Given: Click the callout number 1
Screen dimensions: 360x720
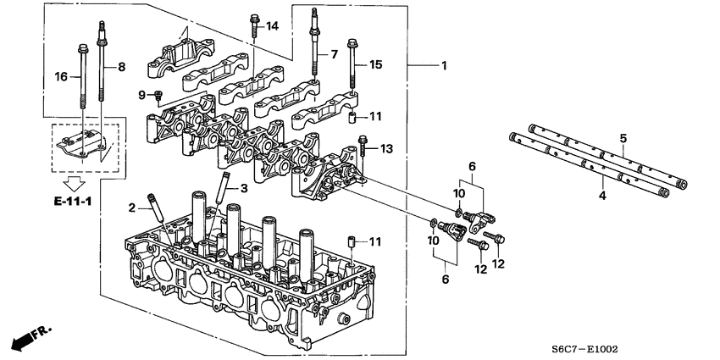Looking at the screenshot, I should (x=444, y=65).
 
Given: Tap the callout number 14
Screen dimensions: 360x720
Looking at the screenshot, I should (x=272, y=27).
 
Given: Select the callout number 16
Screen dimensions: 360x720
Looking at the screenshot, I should (x=60, y=76).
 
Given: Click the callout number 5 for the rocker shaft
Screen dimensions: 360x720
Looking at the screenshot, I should (x=623, y=137).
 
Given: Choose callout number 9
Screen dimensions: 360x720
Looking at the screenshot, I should (x=143, y=94).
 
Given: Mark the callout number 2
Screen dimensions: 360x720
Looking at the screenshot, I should (x=132, y=208).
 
